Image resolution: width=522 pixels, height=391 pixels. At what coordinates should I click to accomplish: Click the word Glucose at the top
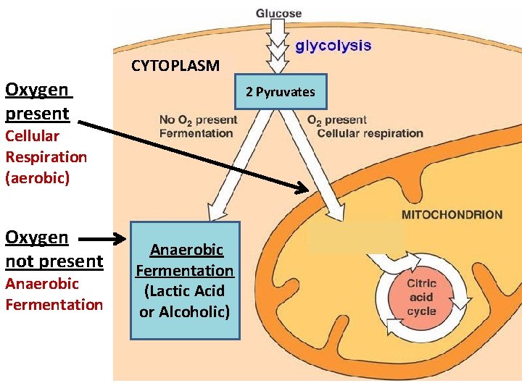click(x=278, y=13)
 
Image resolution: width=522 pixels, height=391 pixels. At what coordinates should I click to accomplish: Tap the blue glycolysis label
click(x=333, y=46)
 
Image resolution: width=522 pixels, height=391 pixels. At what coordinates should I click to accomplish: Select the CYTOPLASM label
click(x=175, y=66)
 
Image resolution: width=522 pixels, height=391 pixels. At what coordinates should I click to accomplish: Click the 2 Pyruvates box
click(x=280, y=92)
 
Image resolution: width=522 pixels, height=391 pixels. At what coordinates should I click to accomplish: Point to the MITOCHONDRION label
click(x=451, y=214)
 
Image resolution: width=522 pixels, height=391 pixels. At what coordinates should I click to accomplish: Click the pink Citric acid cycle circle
click(x=421, y=297)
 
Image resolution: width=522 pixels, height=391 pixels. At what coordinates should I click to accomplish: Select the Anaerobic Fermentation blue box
click(x=185, y=280)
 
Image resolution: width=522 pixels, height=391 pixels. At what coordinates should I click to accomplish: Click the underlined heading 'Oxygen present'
click(x=38, y=101)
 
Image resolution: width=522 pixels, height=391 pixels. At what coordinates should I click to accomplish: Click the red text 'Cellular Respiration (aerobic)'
click(x=46, y=156)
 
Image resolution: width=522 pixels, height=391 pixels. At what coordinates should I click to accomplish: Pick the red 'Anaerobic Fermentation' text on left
click(x=54, y=293)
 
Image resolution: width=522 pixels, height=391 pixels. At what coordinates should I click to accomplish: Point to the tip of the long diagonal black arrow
click(x=305, y=190)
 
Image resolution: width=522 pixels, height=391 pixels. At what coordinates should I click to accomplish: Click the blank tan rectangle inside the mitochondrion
click(x=355, y=236)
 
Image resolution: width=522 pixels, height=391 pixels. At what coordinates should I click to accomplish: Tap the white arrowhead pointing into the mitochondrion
click(x=336, y=211)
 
